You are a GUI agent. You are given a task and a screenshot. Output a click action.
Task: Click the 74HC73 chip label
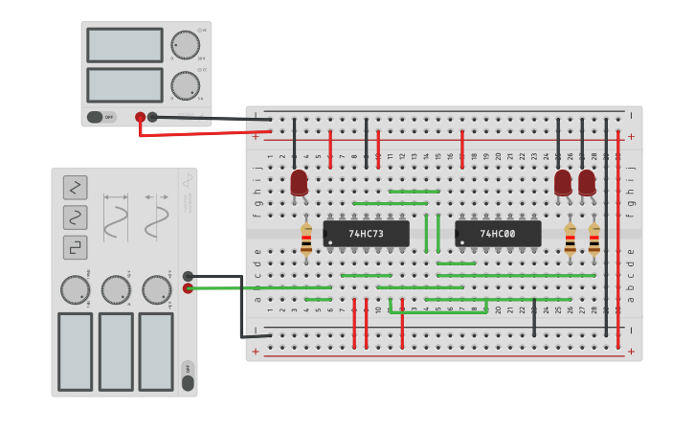point(366,234)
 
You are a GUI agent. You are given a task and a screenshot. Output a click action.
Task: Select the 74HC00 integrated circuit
point(498,234)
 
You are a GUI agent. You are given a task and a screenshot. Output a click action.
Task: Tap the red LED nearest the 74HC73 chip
point(300,182)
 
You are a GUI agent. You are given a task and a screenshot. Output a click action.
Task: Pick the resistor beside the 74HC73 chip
point(306,240)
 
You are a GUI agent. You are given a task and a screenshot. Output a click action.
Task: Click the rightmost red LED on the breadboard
point(587,182)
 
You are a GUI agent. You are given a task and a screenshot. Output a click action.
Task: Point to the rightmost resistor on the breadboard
point(594,240)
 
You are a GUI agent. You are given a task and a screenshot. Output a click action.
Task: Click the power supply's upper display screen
point(124,45)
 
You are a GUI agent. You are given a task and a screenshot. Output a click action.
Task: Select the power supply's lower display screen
point(124,84)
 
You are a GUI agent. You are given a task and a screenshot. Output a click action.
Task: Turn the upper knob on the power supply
point(185,45)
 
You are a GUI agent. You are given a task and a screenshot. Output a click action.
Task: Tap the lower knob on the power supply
point(185,85)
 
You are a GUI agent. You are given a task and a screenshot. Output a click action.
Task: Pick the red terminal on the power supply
point(141,117)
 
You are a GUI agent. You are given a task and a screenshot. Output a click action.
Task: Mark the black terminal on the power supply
point(152,117)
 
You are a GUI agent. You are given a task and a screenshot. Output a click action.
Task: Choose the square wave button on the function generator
point(76,247)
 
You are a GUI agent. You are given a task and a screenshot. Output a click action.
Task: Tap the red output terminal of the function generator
point(188,287)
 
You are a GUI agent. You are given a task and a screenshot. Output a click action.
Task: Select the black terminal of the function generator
point(188,276)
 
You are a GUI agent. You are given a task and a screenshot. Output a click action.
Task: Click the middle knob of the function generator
point(116,289)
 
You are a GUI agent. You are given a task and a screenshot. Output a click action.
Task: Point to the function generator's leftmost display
point(75,351)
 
